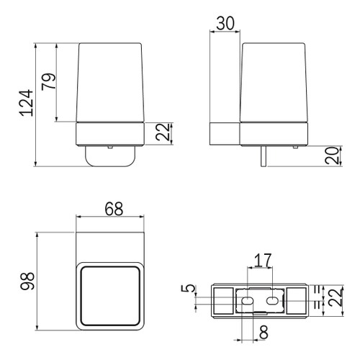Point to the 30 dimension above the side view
225,22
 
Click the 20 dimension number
332,154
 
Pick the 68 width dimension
112,210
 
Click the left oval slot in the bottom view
246,300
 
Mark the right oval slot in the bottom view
274,300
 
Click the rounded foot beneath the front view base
112,154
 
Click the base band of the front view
112,134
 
